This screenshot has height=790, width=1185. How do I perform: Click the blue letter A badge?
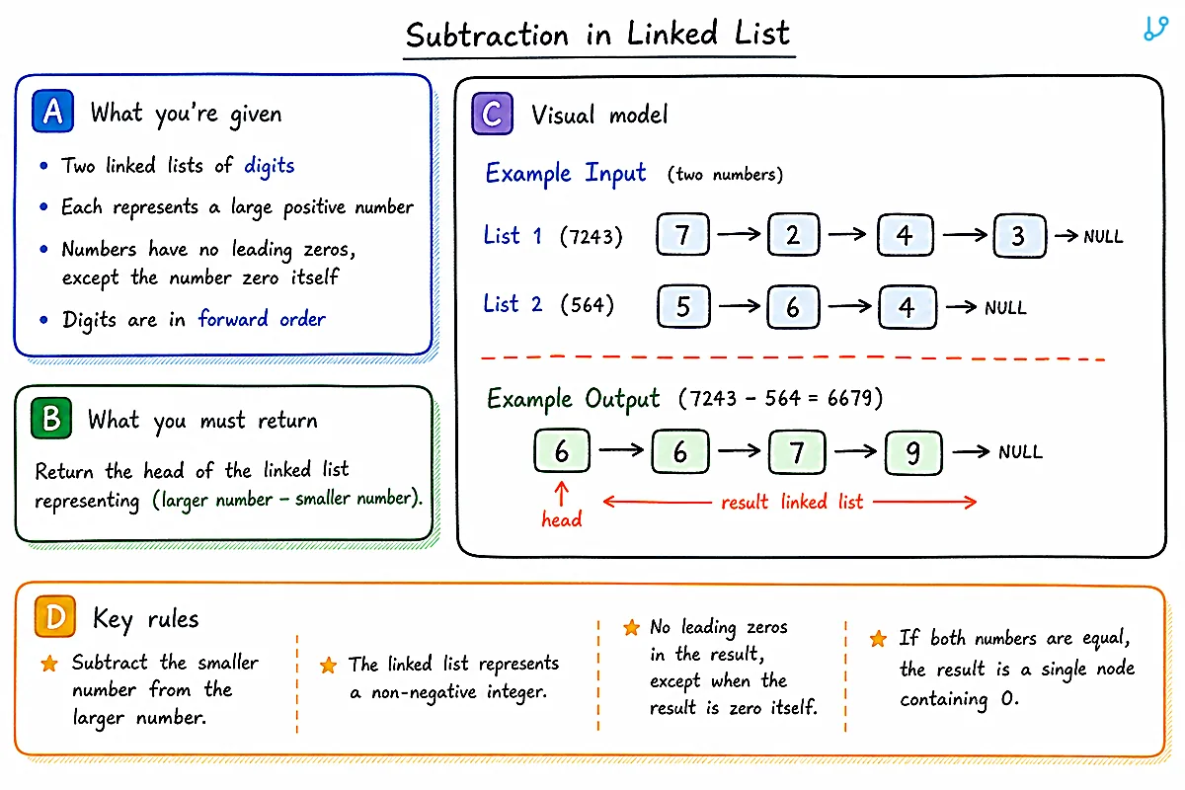coord(52,112)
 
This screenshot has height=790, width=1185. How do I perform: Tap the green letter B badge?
coord(51,418)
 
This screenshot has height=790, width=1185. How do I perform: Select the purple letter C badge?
coord(492,114)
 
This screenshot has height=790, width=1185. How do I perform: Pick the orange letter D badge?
coord(55,616)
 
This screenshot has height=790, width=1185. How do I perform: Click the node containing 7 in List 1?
coord(683,234)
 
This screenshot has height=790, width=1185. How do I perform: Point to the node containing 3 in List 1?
coord(1019,236)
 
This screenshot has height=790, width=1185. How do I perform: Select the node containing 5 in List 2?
coord(683,306)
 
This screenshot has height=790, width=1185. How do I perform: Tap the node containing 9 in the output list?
coord(913,452)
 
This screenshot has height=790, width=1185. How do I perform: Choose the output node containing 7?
coord(797,452)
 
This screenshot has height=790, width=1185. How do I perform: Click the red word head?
coord(562,519)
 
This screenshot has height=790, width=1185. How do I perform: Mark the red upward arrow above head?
coord(562,493)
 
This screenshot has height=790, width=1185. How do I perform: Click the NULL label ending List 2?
coord(1005,307)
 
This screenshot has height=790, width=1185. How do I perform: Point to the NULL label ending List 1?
coord(1103,236)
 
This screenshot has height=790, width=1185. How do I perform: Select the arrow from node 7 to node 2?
coord(739,233)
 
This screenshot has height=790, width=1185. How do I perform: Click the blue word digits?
coord(270,166)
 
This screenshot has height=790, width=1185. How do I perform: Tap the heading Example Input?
coord(566,174)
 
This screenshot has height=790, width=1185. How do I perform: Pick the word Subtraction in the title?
coord(487,35)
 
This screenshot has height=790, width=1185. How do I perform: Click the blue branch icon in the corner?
coord(1155,28)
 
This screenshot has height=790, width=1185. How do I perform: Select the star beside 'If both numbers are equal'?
coord(878,639)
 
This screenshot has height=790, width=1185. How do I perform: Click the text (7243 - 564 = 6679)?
coord(780,398)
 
